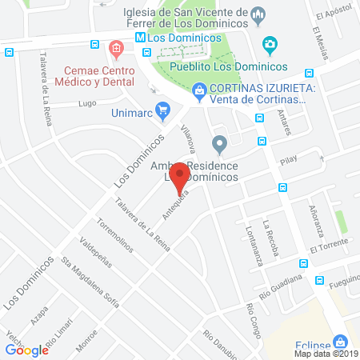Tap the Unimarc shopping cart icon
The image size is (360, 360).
point(164,109)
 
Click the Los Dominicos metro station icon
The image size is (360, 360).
point(140,38)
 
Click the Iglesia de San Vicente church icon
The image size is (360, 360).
point(258,14)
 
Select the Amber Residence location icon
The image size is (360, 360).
point(220,145)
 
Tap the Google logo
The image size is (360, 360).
point(27,350)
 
